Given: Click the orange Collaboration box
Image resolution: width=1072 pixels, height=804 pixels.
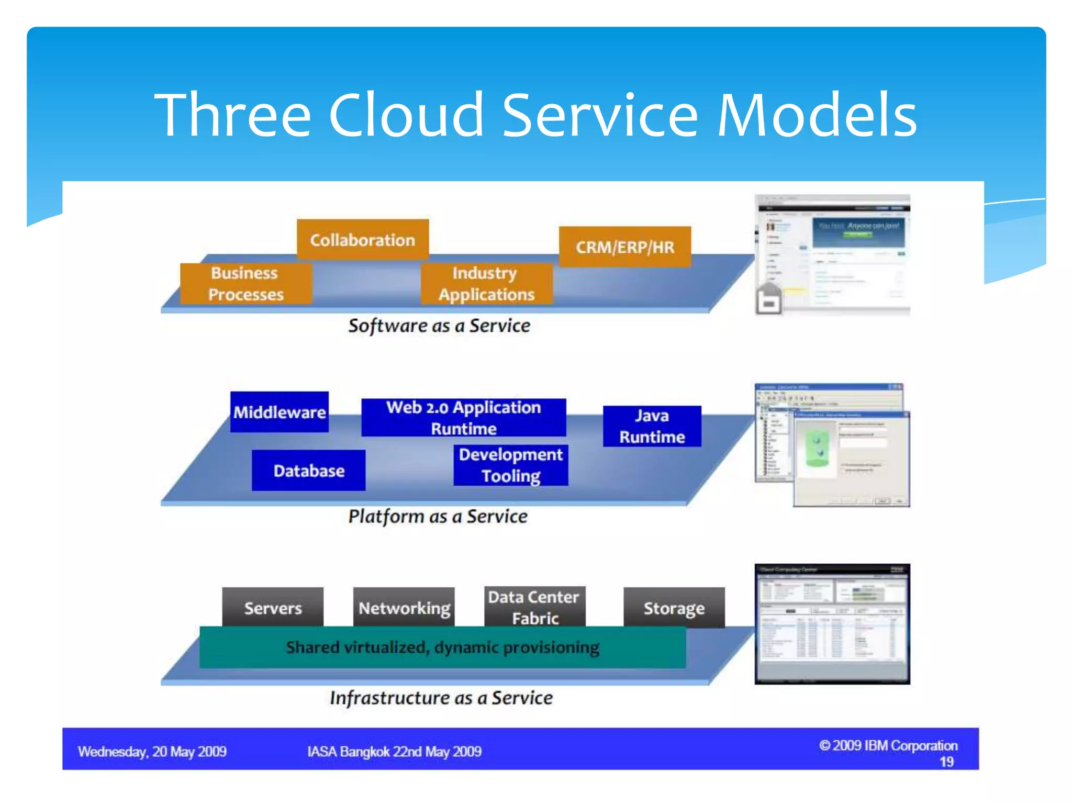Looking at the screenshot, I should (x=362, y=240).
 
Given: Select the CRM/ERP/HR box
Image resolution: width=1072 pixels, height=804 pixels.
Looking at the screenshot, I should (x=625, y=247).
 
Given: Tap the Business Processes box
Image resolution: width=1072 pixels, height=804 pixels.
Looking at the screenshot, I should (x=245, y=284).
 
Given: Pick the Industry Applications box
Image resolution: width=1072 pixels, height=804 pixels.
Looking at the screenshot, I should (x=486, y=284).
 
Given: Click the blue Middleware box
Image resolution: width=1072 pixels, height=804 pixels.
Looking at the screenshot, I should (x=280, y=412).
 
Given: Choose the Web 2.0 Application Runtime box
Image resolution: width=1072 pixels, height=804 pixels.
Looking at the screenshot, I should (x=463, y=417).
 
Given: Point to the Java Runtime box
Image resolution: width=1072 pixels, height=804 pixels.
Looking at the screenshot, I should (x=652, y=426).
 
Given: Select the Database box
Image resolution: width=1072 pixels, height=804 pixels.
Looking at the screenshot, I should (x=309, y=470).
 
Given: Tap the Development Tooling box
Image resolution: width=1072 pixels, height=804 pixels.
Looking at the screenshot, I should (x=511, y=465).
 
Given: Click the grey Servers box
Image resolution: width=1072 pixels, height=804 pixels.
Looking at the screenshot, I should (x=273, y=607).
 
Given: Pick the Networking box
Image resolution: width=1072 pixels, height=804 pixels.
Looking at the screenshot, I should (x=404, y=607).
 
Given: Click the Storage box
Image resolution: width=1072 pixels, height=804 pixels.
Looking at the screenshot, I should (x=674, y=607).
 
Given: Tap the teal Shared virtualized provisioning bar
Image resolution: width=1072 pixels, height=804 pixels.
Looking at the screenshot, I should (x=442, y=647).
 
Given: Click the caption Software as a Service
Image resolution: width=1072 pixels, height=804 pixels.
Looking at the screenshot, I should (x=439, y=326).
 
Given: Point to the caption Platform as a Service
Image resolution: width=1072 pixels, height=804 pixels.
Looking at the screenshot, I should (x=438, y=516).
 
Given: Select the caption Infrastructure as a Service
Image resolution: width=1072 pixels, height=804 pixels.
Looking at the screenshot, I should (x=441, y=698).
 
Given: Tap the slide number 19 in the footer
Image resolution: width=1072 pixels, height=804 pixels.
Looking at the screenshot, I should (x=946, y=762).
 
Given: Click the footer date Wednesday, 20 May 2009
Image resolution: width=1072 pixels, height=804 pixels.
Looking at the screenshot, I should (x=152, y=752).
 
